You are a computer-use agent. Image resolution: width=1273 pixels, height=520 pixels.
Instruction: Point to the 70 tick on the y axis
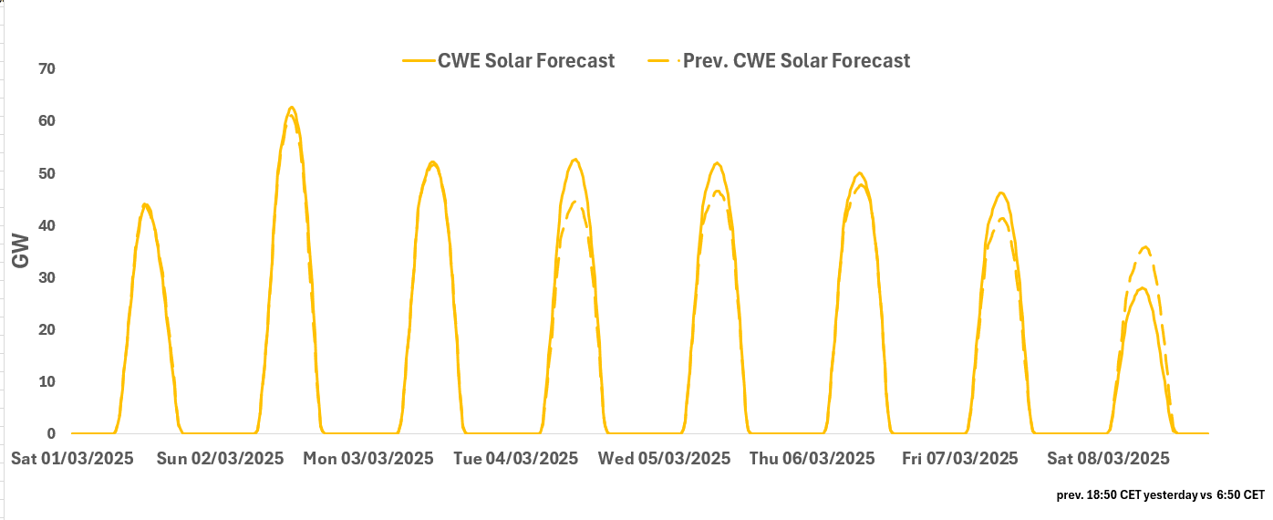(47, 69)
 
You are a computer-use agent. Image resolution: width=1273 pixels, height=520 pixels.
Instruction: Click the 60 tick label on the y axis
(47, 121)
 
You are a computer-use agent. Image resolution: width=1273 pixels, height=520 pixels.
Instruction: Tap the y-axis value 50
(47, 173)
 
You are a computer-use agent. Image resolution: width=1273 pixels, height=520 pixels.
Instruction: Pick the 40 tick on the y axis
(47, 225)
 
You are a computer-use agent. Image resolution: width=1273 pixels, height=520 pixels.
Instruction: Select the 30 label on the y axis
(47, 277)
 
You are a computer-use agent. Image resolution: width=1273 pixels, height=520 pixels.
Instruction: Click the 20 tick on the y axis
(47, 329)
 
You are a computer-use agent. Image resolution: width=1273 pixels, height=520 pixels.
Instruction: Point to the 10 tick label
(47, 381)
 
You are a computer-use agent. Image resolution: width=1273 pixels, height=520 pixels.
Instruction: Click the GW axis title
(21, 251)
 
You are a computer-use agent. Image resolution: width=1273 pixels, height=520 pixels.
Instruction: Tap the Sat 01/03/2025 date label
(72, 459)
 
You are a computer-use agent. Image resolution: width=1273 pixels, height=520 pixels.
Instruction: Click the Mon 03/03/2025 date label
(368, 459)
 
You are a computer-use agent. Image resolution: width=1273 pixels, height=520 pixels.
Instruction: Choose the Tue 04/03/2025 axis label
(515, 459)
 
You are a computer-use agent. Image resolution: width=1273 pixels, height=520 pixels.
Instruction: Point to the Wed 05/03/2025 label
(664, 459)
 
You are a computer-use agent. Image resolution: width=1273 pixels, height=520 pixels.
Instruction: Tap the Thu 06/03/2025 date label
(812, 459)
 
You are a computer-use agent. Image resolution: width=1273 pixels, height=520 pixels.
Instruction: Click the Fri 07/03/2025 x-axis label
(960, 459)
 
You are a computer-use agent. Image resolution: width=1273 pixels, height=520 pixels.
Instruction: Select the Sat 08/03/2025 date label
(1108, 459)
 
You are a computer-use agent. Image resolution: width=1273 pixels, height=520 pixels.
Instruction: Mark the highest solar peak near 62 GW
(292, 108)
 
